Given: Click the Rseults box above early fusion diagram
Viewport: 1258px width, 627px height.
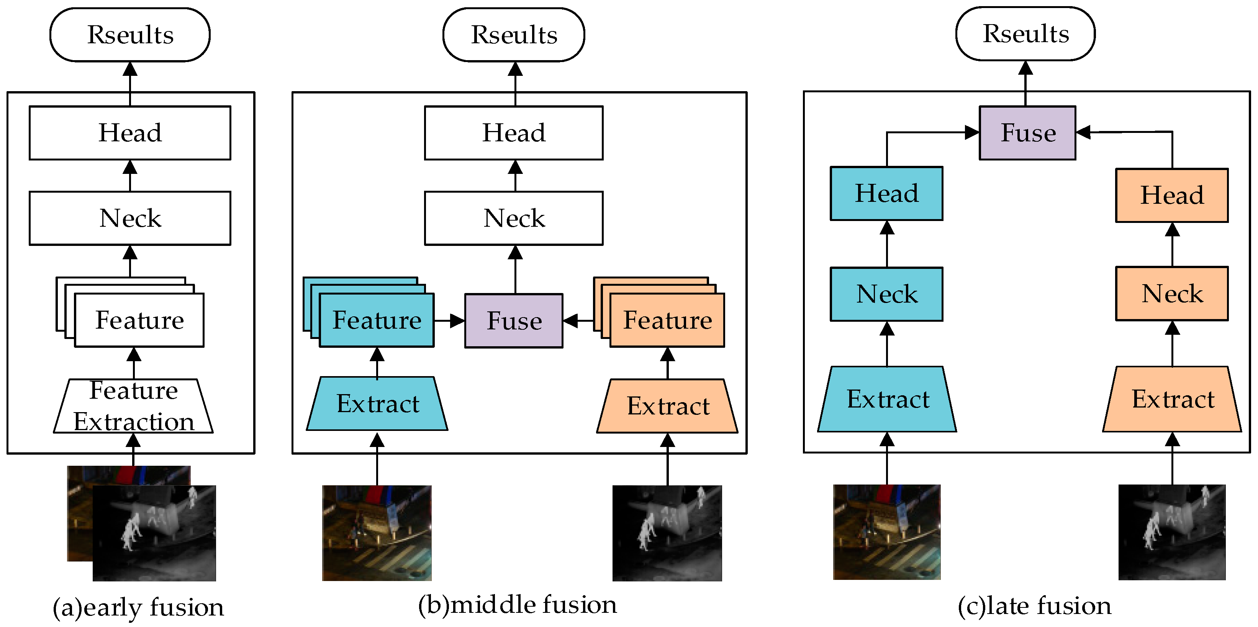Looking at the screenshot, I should click(x=130, y=35).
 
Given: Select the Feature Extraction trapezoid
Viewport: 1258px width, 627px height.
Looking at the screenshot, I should click(x=133, y=406).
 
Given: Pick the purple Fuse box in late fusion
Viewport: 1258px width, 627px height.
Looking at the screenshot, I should click(x=1027, y=133).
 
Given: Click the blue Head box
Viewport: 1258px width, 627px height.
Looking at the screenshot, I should click(x=886, y=194).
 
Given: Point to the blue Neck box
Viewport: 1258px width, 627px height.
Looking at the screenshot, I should click(x=886, y=294).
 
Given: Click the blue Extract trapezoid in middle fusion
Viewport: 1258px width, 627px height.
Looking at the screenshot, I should click(x=377, y=404).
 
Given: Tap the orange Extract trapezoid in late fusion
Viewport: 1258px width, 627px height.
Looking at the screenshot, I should click(x=1172, y=399).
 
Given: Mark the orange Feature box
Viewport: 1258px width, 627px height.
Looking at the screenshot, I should click(x=667, y=320).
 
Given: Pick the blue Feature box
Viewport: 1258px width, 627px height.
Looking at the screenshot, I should click(x=377, y=320).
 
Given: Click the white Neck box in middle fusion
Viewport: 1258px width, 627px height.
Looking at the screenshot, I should click(x=514, y=218).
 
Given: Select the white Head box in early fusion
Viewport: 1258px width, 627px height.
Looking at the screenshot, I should click(x=130, y=133).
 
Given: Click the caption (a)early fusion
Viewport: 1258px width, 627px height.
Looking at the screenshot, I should click(x=138, y=607).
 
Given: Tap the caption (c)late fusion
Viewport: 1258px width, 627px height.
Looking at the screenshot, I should click(x=1034, y=606).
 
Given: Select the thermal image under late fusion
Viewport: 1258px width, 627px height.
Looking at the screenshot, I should click(x=1172, y=532).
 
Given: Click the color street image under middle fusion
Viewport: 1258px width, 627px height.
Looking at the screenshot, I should click(x=377, y=533).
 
